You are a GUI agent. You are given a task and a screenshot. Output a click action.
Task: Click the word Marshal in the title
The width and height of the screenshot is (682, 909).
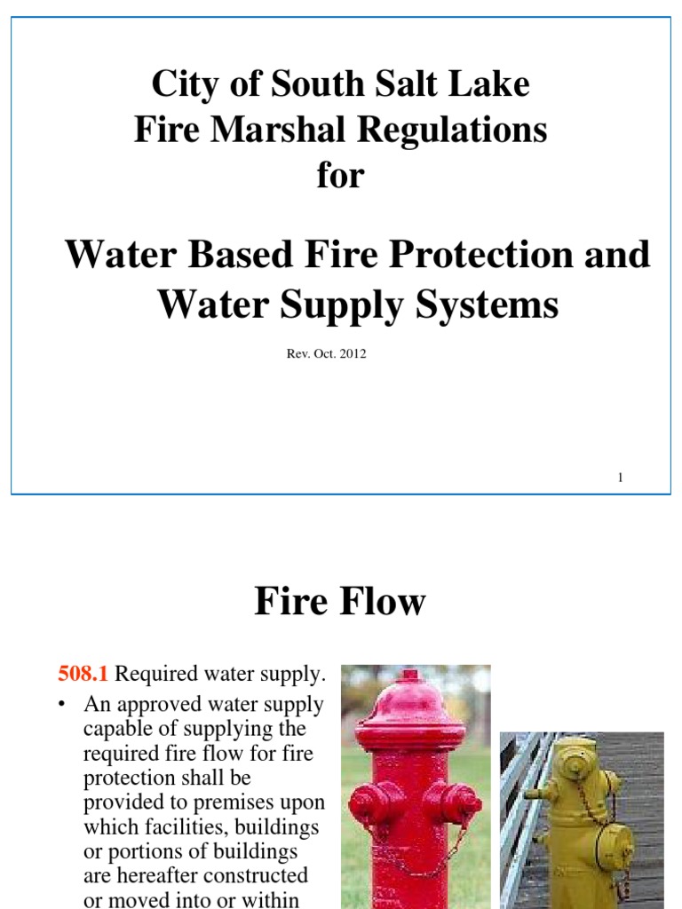(277, 130)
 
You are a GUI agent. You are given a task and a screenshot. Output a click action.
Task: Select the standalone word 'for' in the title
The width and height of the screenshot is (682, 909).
(340, 175)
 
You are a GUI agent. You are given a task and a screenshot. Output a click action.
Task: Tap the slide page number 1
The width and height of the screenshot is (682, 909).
(620, 478)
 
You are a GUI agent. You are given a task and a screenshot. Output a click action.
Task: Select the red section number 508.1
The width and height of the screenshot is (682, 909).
(83, 675)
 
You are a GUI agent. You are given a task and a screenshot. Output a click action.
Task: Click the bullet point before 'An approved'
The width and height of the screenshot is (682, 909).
(62, 705)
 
